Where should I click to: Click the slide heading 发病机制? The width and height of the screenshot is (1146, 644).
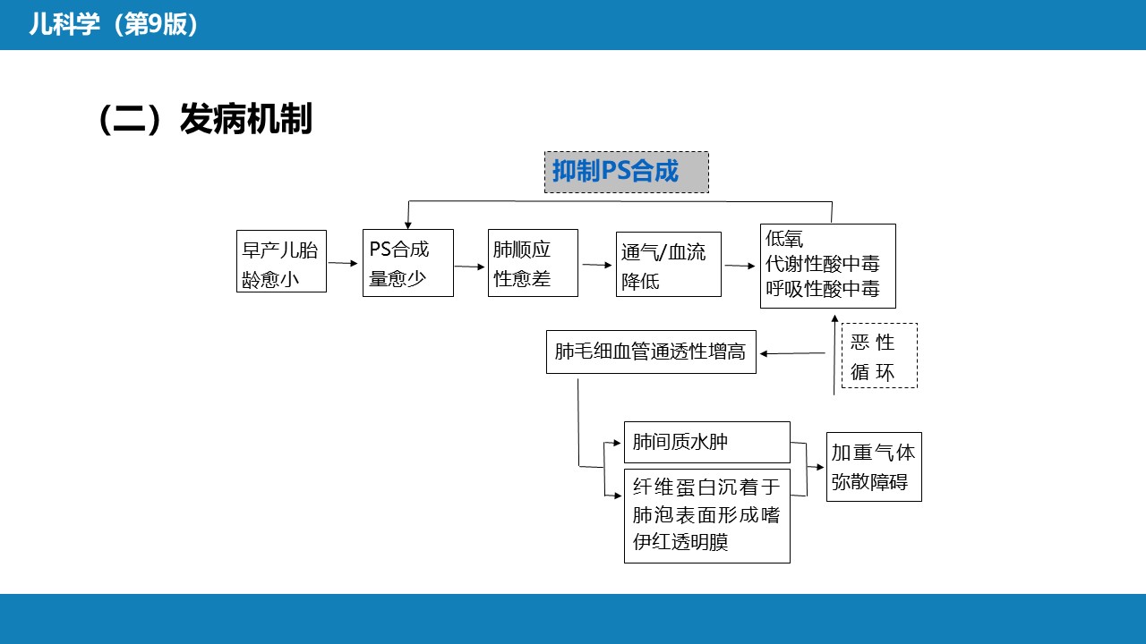click(x=245, y=119)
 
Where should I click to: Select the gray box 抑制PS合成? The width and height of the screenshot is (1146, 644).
click(x=626, y=172)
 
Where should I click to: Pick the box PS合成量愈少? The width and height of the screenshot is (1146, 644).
click(x=408, y=262)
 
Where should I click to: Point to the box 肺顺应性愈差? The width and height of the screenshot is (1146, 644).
click(x=533, y=262)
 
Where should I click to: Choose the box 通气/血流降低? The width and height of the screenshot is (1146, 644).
click(x=668, y=264)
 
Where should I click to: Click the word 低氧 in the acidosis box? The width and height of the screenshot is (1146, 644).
click(x=785, y=239)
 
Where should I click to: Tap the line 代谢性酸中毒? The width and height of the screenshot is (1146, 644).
click(x=823, y=264)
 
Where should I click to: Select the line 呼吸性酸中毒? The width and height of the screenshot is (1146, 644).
click(x=823, y=289)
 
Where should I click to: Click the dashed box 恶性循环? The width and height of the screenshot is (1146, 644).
click(x=878, y=356)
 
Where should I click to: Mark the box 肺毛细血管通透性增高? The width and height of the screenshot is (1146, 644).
click(x=651, y=352)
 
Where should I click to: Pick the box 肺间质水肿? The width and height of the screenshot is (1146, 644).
click(x=706, y=442)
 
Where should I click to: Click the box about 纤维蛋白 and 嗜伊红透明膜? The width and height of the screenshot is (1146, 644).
click(x=706, y=515)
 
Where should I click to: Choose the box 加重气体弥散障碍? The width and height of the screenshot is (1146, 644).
click(x=873, y=467)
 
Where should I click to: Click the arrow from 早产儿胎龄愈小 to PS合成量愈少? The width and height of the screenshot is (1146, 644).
click(x=344, y=263)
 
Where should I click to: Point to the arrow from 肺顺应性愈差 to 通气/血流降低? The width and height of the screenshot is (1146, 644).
click(x=596, y=264)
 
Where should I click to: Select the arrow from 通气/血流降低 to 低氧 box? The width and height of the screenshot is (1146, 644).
click(x=740, y=266)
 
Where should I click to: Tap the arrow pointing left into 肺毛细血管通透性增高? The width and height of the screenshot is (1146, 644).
click(x=791, y=353)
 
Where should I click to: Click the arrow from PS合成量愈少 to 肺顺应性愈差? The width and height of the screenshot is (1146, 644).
click(x=470, y=266)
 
